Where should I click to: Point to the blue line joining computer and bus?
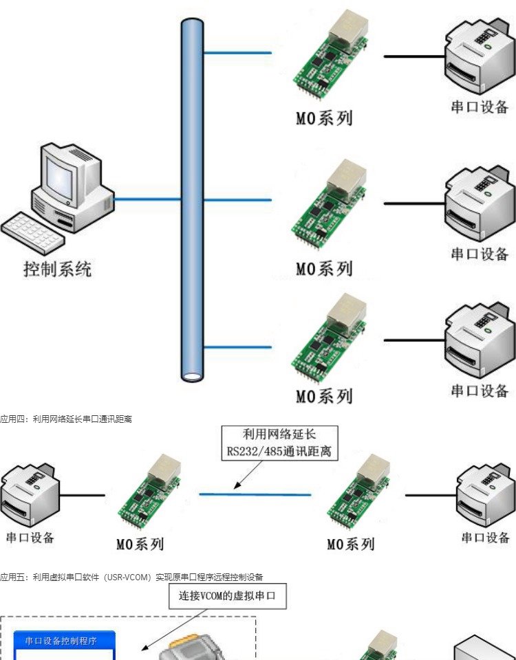pos(147,199)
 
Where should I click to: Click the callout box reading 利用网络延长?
pos(279,443)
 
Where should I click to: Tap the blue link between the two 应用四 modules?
pos(255,494)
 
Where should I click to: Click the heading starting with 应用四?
pos(66,419)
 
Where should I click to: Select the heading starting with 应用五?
pos(131,577)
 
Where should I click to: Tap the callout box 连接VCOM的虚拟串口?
pos(227,596)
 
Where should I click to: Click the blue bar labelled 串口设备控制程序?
pos(65,641)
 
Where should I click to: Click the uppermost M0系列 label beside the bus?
pos(324,118)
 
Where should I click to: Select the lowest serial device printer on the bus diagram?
pos(479,342)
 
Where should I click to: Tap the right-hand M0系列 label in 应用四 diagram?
pos(351,544)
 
